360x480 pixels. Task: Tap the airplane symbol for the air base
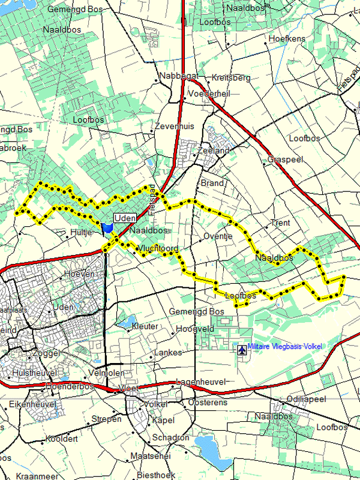pyautogui.click(x=241, y=349)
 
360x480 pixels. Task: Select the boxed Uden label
pyautogui.click(x=124, y=218)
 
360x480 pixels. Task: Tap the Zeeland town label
pyautogui.click(x=214, y=151)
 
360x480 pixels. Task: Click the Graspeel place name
pyautogui.click(x=285, y=160)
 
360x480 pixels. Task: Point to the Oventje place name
pyautogui.click(x=218, y=236)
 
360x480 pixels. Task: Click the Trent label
pyautogui.click(x=281, y=223)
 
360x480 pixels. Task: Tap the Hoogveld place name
pyautogui.click(x=195, y=329)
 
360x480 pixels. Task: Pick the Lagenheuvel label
pyautogui.click(x=200, y=382)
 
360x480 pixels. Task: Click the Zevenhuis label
pyautogui.click(x=175, y=127)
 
